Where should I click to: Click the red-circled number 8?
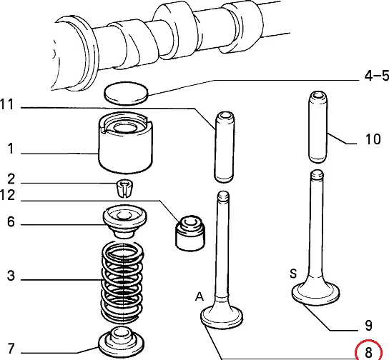369,352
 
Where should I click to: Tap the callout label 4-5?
377,76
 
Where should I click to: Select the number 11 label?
7,104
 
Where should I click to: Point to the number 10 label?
373,139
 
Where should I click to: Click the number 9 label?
369,325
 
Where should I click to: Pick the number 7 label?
11,349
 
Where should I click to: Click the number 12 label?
7,195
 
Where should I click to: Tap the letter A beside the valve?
200,296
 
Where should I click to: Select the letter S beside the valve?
293,274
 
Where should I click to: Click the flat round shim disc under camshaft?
126,93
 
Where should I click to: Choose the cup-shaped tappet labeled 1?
126,142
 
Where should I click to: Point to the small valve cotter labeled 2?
124,188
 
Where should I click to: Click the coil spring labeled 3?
122,282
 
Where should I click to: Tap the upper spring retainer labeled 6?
125,221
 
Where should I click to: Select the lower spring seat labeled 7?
122,343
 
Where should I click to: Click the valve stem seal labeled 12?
190,233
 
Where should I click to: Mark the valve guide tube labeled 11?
224,147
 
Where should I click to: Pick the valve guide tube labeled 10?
318,127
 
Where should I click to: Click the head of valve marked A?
222,316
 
